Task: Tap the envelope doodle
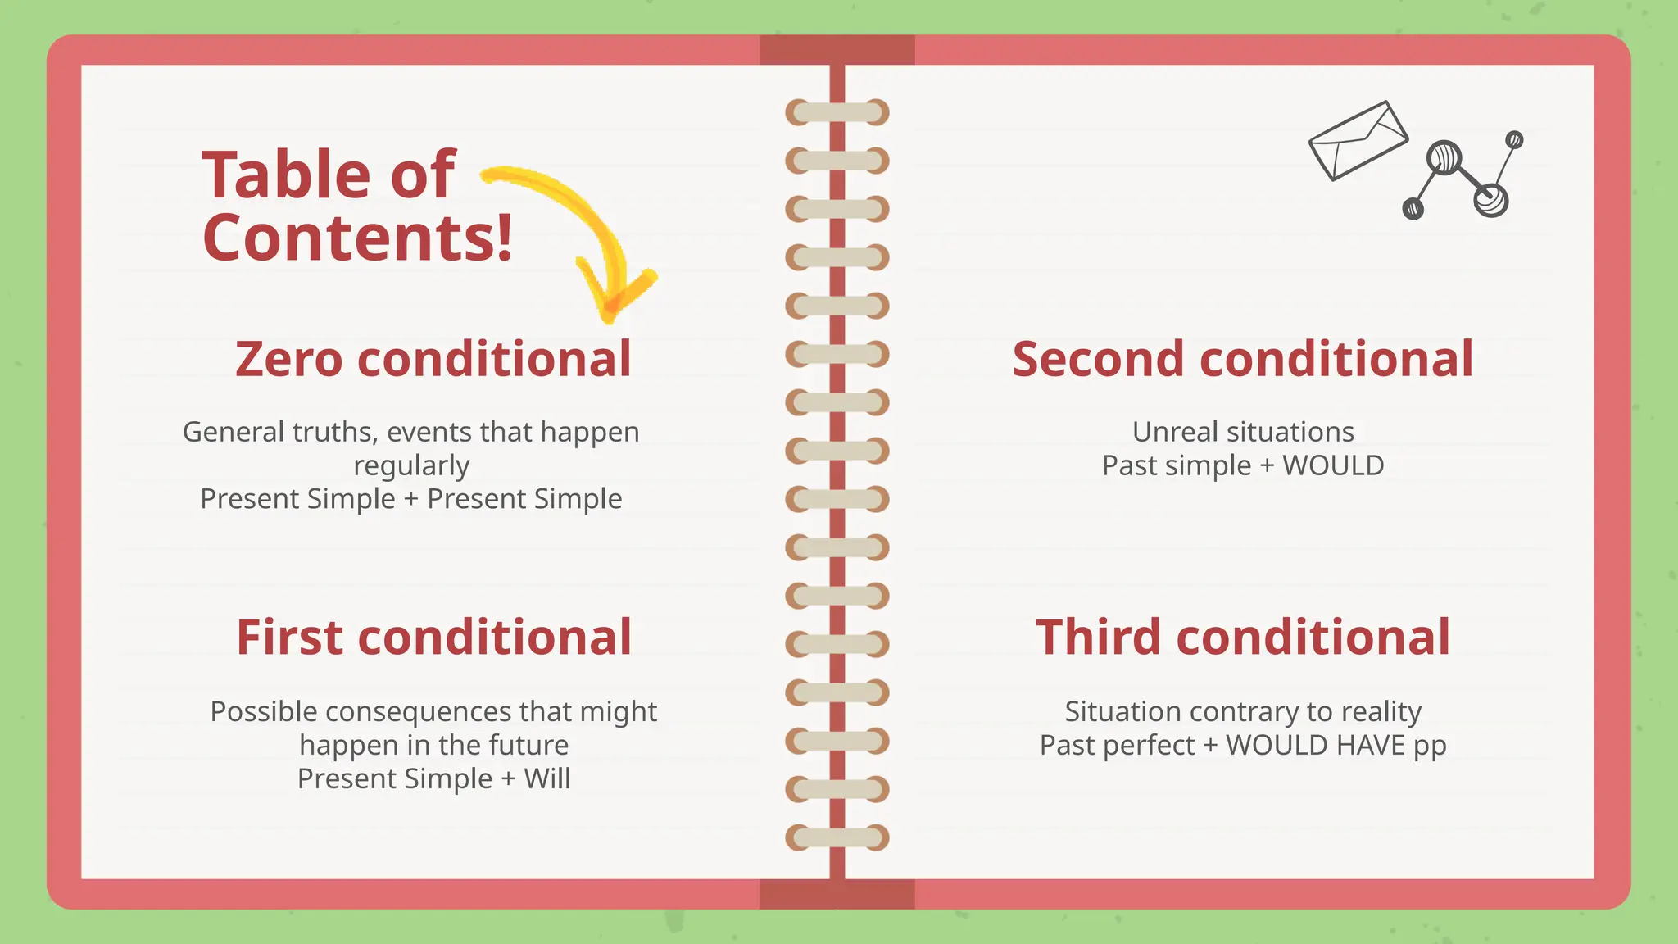point(1358,140)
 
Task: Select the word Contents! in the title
point(357,238)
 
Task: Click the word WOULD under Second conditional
point(1333,465)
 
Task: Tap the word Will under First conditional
point(547,778)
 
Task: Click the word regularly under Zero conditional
point(411,465)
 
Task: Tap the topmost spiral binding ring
point(837,112)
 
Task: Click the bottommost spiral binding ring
point(837,837)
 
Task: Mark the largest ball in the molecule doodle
point(1444,157)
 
